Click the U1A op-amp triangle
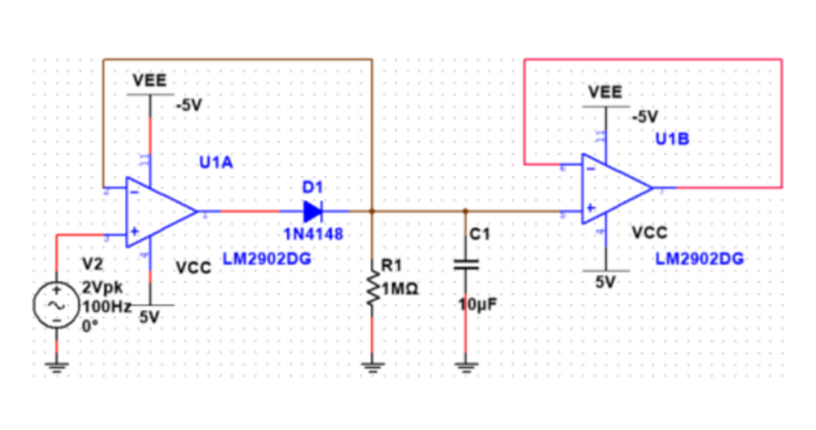pos(159,211)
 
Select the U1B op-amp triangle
pos(614,187)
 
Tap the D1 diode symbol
pos(312,211)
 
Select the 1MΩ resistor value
pos(400,290)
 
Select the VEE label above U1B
pos(606,92)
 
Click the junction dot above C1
pos(466,211)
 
